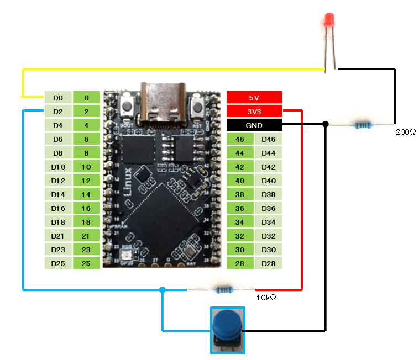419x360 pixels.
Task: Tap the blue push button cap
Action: pyautogui.click(x=227, y=323)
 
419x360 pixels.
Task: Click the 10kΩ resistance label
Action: pyautogui.click(x=266, y=298)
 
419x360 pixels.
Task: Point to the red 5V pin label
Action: pyautogui.click(x=254, y=98)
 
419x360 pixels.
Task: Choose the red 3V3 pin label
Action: pyautogui.click(x=254, y=112)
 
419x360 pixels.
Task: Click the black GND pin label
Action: pyautogui.click(x=254, y=125)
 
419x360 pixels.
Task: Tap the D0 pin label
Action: pyautogui.click(x=58, y=98)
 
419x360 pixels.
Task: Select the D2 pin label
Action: pyautogui.click(x=58, y=112)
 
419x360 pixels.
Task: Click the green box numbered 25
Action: pyautogui.click(x=86, y=263)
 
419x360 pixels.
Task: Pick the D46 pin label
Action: pyautogui.click(x=268, y=139)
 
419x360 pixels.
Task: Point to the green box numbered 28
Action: pyautogui.click(x=240, y=263)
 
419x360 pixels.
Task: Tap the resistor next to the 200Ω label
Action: pyautogui.click(x=363, y=125)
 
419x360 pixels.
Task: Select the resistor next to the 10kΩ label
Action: pyautogui.click(x=223, y=289)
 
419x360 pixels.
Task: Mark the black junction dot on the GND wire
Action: pyautogui.click(x=326, y=124)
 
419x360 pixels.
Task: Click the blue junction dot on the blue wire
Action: pyautogui.click(x=162, y=289)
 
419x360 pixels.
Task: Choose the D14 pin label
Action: pyautogui.click(x=58, y=194)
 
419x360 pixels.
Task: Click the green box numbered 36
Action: pyautogui.click(x=240, y=208)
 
